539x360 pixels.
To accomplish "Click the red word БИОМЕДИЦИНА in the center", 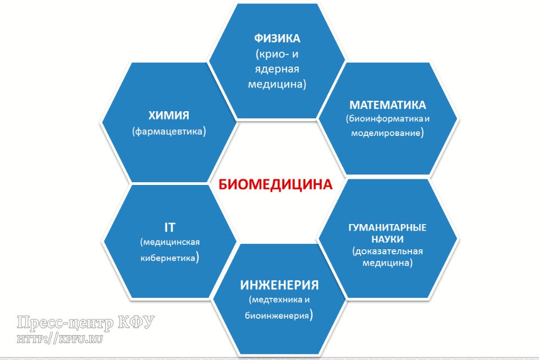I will pyautogui.click(x=276, y=184).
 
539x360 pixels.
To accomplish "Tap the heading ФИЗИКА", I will pyautogui.click(x=277, y=40).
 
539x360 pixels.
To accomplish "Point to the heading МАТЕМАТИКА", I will pyautogui.click(x=388, y=105).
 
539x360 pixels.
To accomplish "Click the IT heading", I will pyautogui.click(x=169, y=227).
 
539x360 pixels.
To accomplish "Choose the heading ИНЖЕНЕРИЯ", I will pyautogui.click(x=279, y=285).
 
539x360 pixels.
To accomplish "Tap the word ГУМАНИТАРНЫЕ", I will pyautogui.click(x=388, y=228).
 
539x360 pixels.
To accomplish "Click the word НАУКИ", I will pyautogui.click(x=388, y=239).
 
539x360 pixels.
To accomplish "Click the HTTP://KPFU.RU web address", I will pyautogui.click(x=61, y=337).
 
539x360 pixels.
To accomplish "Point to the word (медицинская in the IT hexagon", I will pyautogui.click(x=169, y=242).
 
